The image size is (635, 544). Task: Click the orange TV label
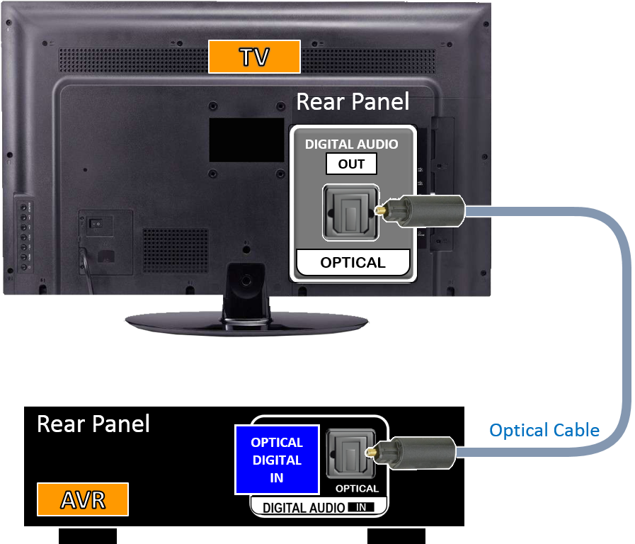tap(254, 57)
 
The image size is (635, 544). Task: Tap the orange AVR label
tap(82, 499)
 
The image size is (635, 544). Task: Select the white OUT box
tap(351, 164)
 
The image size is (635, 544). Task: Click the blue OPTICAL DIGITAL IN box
tap(277, 460)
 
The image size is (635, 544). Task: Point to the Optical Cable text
tap(544, 430)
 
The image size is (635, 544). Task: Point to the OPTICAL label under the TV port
tap(353, 263)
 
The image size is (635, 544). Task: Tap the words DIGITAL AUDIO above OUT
tap(351, 144)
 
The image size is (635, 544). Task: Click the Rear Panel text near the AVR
tap(93, 424)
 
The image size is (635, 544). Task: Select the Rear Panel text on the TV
tap(352, 101)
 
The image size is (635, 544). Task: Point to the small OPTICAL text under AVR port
tap(357, 489)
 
